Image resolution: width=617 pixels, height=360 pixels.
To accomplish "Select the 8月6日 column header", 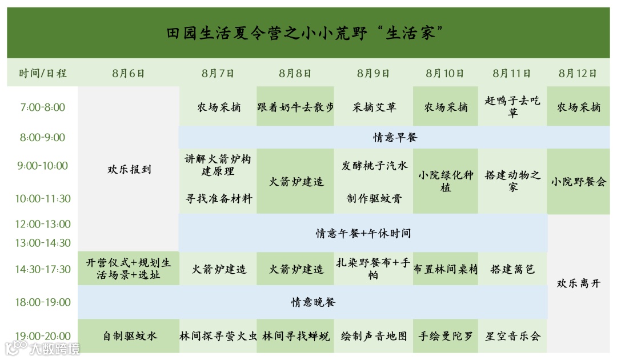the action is point(129,73).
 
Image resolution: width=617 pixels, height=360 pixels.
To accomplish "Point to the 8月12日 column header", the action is point(578,73).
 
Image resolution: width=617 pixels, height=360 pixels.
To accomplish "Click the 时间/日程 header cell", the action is point(43,73).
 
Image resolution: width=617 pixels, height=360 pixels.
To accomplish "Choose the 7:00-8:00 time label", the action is point(43,107).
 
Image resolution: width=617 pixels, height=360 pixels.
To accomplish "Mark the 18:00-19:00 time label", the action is point(43,302).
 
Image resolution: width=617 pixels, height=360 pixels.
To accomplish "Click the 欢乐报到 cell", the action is point(129,169).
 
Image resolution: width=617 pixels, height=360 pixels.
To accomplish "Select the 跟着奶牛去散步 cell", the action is point(295,107).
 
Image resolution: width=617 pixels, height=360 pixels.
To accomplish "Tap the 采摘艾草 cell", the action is point(374,107).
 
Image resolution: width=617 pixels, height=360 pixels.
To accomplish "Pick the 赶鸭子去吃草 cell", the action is point(512,107).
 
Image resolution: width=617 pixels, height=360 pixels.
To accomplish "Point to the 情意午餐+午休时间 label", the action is point(363,233).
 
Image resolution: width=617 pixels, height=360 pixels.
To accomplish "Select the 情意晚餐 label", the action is point(313,302).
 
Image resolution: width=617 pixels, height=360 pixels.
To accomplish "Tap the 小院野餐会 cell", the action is point(578,182).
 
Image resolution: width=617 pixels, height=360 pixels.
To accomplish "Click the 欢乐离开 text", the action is point(578,283).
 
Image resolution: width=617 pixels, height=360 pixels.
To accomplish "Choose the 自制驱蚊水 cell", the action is point(129,336).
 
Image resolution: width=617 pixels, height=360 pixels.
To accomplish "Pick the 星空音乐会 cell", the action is point(512,336).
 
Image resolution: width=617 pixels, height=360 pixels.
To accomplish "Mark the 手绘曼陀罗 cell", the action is point(446,336).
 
